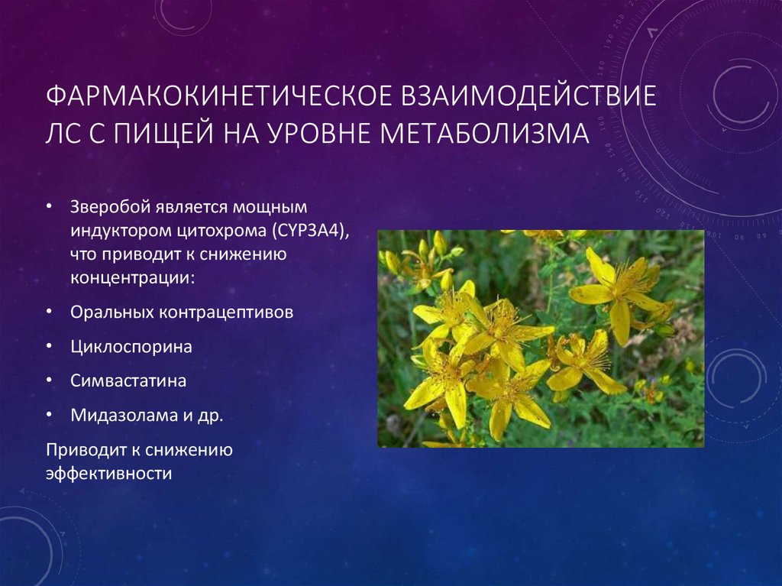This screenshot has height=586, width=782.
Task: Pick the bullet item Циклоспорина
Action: [x=131, y=347]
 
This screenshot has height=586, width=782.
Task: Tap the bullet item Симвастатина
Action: [x=128, y=380]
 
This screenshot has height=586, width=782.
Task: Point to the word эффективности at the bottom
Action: [x=108, y=472]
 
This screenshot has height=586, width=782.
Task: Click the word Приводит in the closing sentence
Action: [x=79, y=449]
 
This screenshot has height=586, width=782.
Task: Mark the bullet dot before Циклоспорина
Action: [x=50, y=347]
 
